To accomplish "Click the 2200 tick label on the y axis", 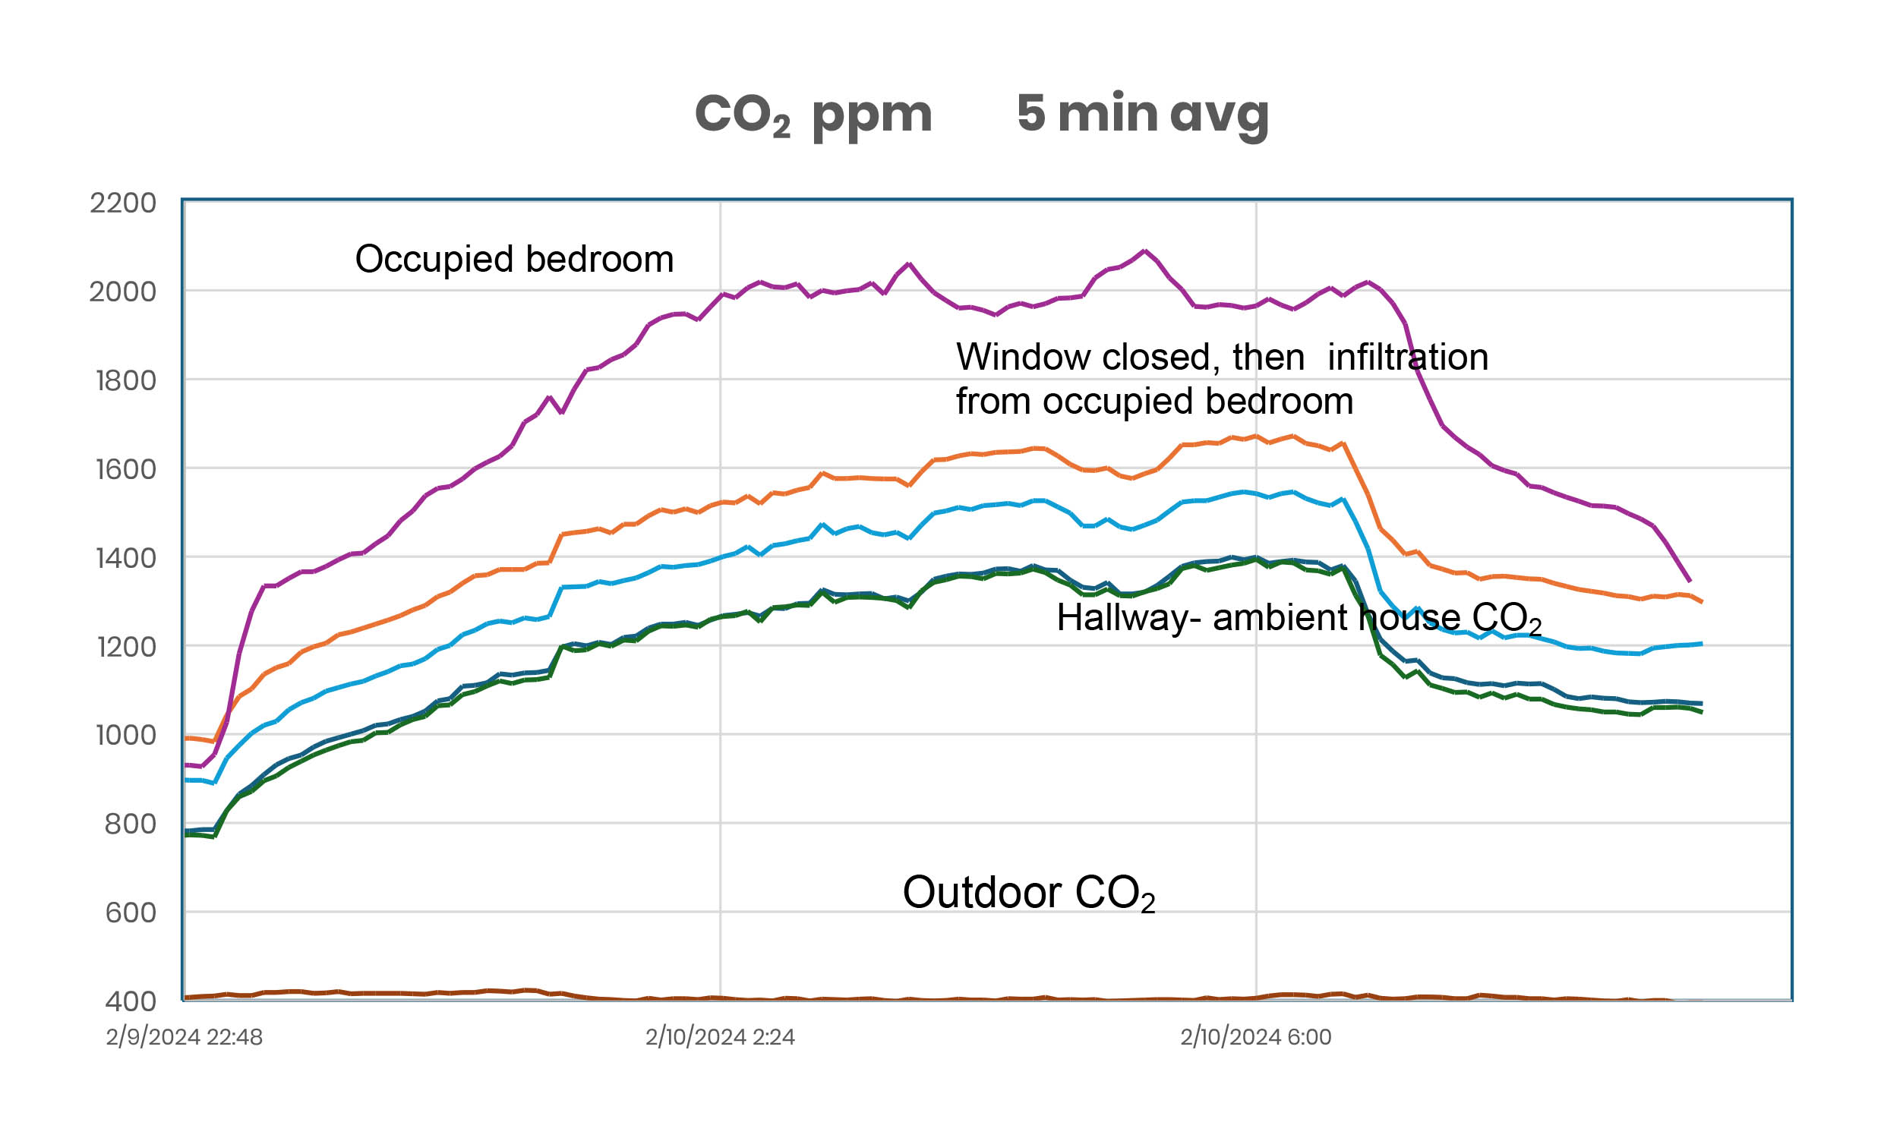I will (x=123, y=203).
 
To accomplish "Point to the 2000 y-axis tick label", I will (x=123, y=292).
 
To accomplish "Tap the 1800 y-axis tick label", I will (x=125, y=380).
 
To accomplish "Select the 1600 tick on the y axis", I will (x=125, y=469).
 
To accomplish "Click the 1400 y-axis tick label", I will (x=125, y=559).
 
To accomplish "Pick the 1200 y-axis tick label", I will (x=125, y=648).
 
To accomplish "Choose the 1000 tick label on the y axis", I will (x=125, y=735).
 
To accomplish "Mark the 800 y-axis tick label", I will (x=130, y=824).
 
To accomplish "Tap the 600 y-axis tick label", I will (x=130, y=913).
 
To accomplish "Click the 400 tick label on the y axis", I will (x=130, y=1001).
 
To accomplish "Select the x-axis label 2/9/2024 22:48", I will (x=185, y=1037).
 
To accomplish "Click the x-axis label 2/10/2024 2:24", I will (x=720, y=1037).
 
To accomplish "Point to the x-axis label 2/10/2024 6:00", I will (x=1255, y=1037).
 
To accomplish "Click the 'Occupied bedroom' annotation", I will (x=514, y=259).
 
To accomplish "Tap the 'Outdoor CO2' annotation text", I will (x=1027, y=893).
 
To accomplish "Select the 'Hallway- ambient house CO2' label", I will (x=1299, y=617).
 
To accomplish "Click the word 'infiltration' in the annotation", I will (x=1408, y=358).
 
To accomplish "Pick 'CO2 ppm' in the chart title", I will (x=813, y=115).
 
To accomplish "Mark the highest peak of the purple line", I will (x=1144, y=251).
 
